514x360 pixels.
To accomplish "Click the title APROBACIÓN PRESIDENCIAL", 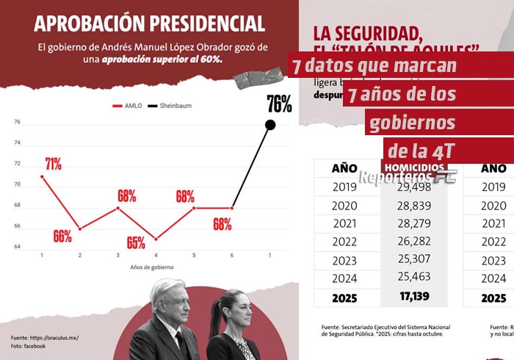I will point(151,23).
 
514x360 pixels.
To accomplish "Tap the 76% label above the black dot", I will point(279,104).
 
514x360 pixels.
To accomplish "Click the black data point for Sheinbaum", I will point(270,125).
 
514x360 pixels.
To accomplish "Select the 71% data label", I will point(53,163).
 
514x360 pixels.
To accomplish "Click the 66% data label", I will point(62,236).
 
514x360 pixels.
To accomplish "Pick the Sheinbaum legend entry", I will point(170,106).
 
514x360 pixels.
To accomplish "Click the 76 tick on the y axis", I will point(18,122).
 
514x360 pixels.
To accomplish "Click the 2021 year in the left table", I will point(344,224).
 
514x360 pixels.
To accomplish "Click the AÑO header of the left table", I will point(344,168).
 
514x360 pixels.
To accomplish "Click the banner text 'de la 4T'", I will point(421,151).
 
